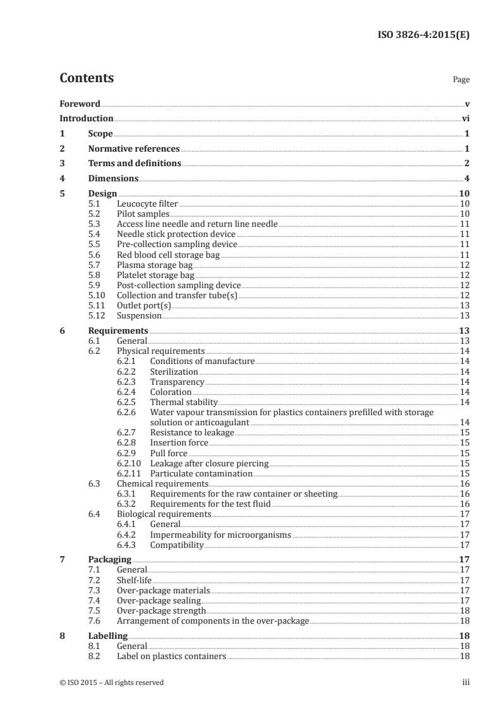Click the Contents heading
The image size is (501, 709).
(x=87, y=78)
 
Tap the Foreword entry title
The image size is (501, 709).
(x=80, y=104)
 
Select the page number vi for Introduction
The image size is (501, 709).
(x=465, y=118)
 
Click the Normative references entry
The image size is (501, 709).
(x=134, y=149)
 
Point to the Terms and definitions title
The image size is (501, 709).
(x=135, y=164)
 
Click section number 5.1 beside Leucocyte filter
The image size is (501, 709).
(x=94, y=203)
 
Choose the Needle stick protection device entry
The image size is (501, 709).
(x=167, y=234)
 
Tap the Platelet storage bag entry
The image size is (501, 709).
(x=155, y=275)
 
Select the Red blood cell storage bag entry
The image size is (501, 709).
(x=168, y=255)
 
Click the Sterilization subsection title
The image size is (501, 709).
(x=174, y=372)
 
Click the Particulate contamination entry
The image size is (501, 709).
(x=201, y=473)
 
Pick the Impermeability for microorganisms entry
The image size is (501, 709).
(x=220, y=535)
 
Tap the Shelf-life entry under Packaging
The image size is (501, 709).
(x=134, y=580)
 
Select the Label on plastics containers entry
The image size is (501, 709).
(x=171, y=657)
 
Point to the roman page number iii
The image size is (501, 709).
(x=466, y=682)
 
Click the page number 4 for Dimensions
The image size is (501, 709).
(x=467, y=179)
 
